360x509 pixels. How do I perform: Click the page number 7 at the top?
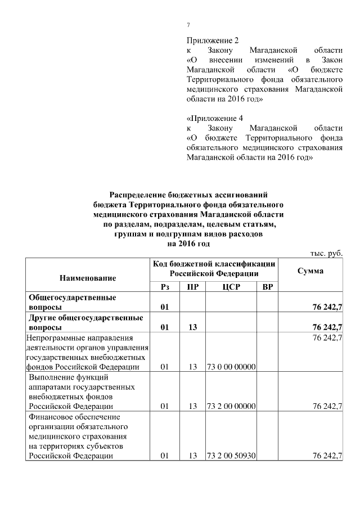click(188, 24)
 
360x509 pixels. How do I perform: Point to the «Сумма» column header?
click(310, 271)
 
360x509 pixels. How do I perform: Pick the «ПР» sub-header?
click(192, 287)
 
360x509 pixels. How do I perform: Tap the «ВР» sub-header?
click(268, 287)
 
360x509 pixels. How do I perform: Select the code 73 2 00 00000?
click(232, 406)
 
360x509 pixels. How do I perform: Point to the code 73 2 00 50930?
click(232, 456)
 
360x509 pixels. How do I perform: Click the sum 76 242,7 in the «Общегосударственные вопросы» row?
click(326, 307)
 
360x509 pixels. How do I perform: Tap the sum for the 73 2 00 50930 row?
click(326, 456)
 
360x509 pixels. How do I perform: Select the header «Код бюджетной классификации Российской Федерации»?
click(214, 268)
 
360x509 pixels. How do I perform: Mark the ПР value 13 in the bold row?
click(192, 327)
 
